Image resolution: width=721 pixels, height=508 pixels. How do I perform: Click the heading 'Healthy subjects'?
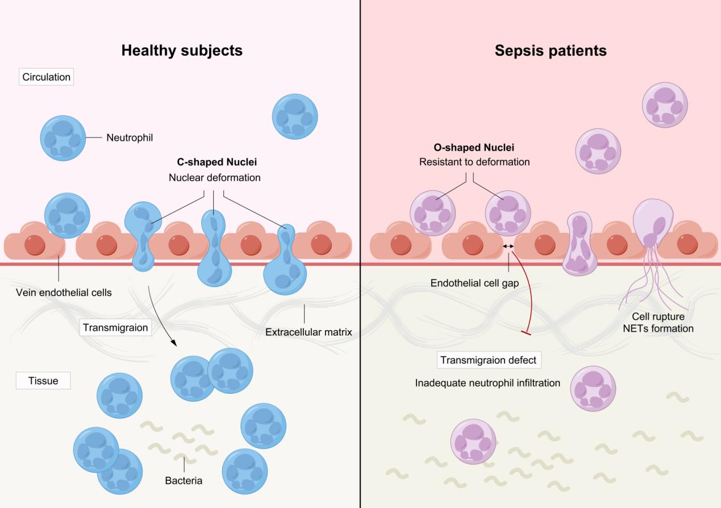[182, 51]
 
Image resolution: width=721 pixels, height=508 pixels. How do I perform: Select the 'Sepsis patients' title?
[551, 51]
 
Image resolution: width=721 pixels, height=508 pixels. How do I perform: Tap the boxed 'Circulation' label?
[47, 77]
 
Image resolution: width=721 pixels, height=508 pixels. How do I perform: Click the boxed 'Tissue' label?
[43, 381]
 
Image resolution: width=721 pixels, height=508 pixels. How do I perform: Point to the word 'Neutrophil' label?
[130, 138]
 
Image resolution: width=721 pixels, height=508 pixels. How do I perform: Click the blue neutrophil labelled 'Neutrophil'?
[63, 138]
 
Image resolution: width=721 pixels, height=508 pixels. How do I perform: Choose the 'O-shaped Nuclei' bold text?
[474, 148]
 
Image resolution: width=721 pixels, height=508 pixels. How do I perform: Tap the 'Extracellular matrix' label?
[308, 331]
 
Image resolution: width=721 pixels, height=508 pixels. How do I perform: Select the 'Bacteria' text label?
[184, 481]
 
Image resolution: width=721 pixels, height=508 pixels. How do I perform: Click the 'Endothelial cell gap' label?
[475, 283]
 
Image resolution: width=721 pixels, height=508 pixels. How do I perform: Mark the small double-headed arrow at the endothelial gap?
[508, 246]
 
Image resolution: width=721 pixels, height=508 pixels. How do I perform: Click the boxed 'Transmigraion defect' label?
[488, 360]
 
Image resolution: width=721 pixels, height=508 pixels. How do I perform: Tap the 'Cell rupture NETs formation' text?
[662, 322]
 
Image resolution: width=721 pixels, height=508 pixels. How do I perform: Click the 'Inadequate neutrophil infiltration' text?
[487, 383]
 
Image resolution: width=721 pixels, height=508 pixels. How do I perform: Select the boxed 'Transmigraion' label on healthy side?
[115, 328]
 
